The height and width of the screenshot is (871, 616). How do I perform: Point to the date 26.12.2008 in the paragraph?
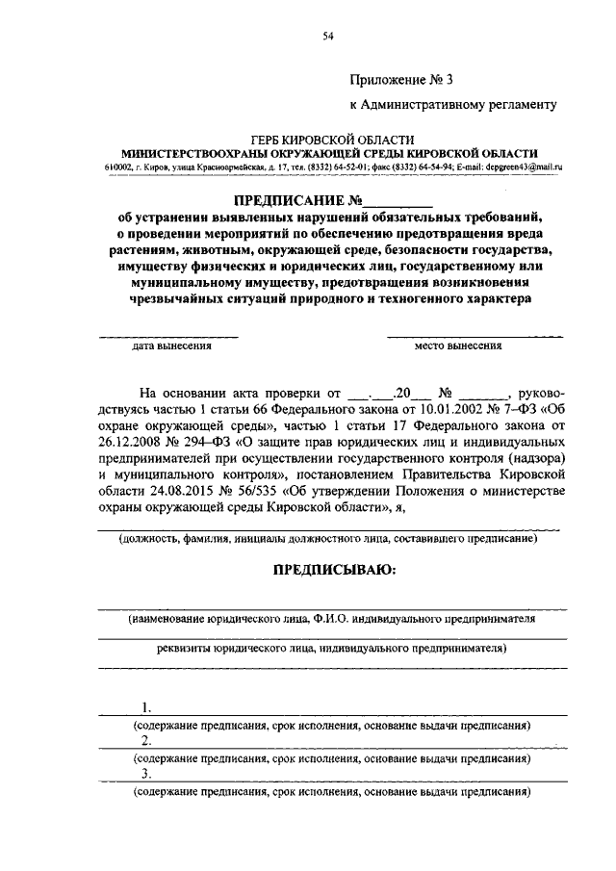coord(130,444)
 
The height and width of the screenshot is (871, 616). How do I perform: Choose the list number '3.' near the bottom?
coord(146,775)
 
